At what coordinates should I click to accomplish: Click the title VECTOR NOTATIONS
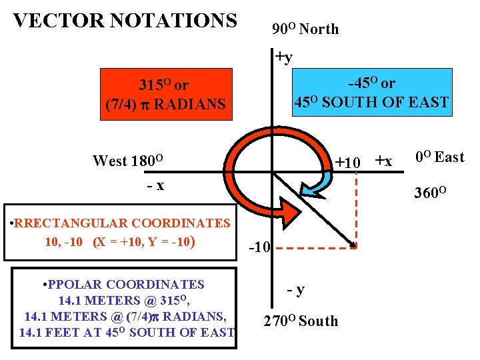tap(125, 21)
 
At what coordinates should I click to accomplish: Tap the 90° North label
tap(305, 29)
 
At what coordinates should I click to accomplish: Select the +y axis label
tap(284, 57)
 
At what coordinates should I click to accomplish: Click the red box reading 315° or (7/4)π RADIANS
tap(165, 95)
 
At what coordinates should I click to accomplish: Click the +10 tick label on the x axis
tap(348, 162)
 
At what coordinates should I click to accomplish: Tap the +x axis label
tap(384, 161)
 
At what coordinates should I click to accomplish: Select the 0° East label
tap(439, 157)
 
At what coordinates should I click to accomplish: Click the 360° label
tap(430, 193)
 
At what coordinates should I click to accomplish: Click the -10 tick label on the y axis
tap(259, 248)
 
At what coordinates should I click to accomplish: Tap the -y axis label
tap(296, 289)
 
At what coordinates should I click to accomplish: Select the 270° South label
tap(301, 321)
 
